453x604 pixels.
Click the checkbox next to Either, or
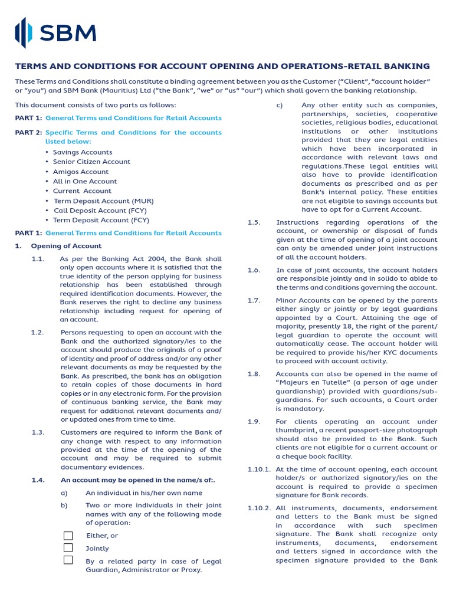(x=68, y=536)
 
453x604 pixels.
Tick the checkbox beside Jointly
(x=68, y=548)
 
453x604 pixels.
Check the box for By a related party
(x=68, y=560)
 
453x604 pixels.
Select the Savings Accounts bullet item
(x=82, y=152)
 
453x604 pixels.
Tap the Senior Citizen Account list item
(x=91, y=162)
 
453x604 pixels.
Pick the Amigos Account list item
(x=81, y=172)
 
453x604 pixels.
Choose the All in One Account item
(x=85, y=181)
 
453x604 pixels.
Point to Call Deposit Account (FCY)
(x=100, y=210)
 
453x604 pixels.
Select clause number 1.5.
(x=254, y=222)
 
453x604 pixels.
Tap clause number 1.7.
(x=254, y=300)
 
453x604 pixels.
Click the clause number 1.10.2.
(x=259, y=508)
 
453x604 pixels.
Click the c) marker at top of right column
(x=280, y=106)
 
